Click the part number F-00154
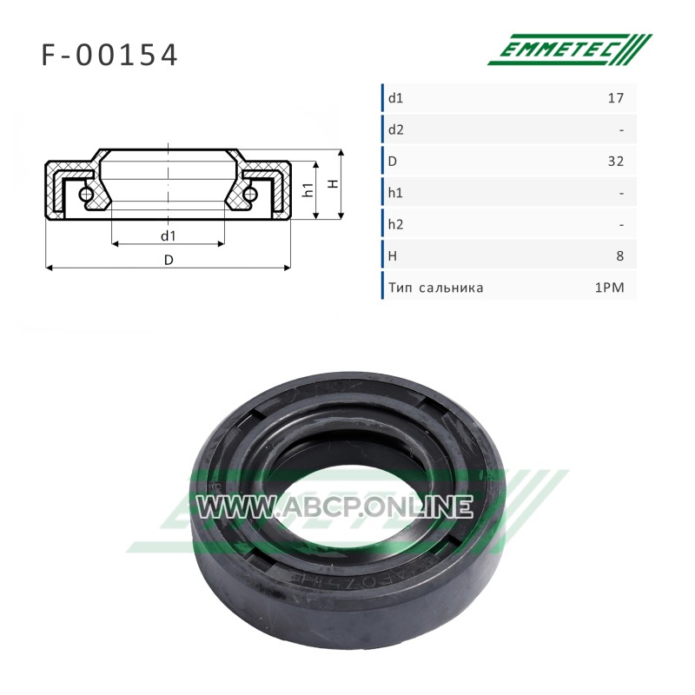pos(109,55)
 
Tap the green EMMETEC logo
pos(570,50)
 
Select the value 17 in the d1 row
pos(616,98)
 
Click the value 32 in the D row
pos(616,161)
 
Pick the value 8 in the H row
pos(620,255)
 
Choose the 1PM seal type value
pos(610,288)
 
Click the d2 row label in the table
pos(396,129)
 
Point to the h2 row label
pos(396,224)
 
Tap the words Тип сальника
pos(436,288)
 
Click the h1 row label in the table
pos(396,193)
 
